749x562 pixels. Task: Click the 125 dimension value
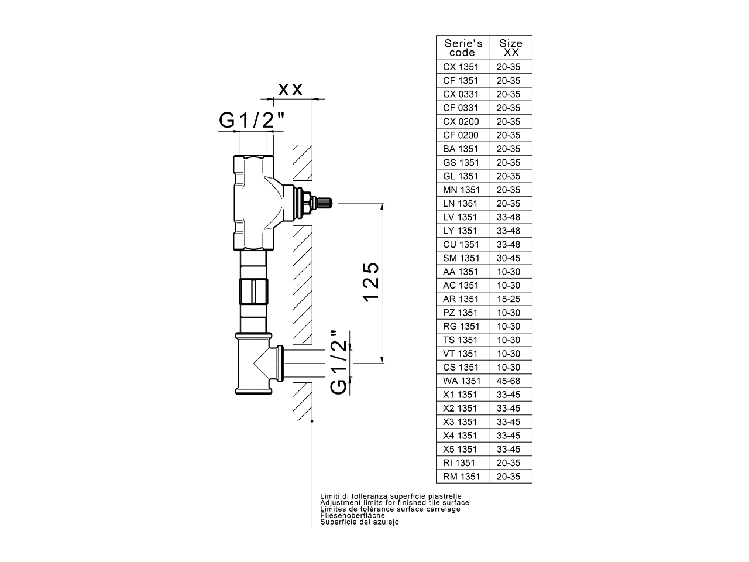point(372,282)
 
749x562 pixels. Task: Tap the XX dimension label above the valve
point(290,90)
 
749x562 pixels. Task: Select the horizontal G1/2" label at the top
point(252,120)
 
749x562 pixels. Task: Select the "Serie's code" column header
point(463,48)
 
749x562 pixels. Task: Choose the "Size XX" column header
point(510,48)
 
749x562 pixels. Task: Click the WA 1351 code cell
point(461,381)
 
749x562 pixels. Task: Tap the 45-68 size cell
point(508,381)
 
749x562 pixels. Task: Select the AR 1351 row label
point(461,299)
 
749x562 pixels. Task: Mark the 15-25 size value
point(508,299)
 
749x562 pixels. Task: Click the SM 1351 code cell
point(461,258)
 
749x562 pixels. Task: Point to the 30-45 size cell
point(508,258)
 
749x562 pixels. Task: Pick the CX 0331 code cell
point(461,94)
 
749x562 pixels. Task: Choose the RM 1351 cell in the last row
point(461,477)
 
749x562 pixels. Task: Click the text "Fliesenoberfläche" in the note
point(352,515)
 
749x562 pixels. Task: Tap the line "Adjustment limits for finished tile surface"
point(394,502)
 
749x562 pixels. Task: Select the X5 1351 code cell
point(461,450)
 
